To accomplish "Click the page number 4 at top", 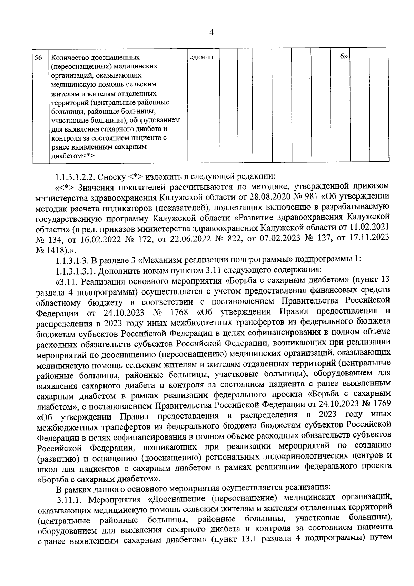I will point(212,32).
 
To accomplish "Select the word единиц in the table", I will point(202,57).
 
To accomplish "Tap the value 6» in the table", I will point(343,57).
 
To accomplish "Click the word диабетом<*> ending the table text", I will point(73,156).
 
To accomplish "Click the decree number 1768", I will point(179,313).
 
